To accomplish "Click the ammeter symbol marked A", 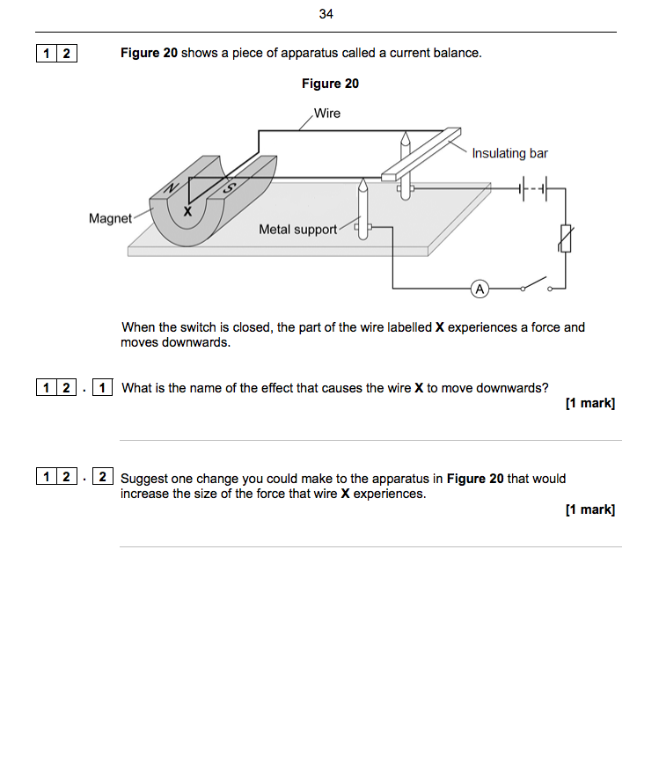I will click(x=480, y=288).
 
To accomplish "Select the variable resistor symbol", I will click(x=565, y=238).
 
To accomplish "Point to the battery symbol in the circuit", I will click(x=533, y=187).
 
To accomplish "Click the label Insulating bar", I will click(x=509, y=153).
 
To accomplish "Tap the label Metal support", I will click(x=297, y=230).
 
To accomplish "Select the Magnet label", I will click(x=110, y=218).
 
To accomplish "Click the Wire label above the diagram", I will click(x=326, y=114).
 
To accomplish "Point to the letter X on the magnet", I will click(x=187, y=211).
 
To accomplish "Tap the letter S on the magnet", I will click(x=230, y=187).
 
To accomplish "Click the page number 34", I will click(x=327, y=14).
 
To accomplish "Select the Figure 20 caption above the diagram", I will click(x=330, y=84).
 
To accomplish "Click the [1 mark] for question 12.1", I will click(x=590, y=403).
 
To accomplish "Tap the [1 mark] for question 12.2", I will click(x=590, y=509).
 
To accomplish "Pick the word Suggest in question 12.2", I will click(x=143, y=479).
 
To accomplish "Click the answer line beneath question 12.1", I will click(x=370, y=440).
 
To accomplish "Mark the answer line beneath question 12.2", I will click(x=370, y=546).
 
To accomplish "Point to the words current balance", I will click(x=435, y=53).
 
